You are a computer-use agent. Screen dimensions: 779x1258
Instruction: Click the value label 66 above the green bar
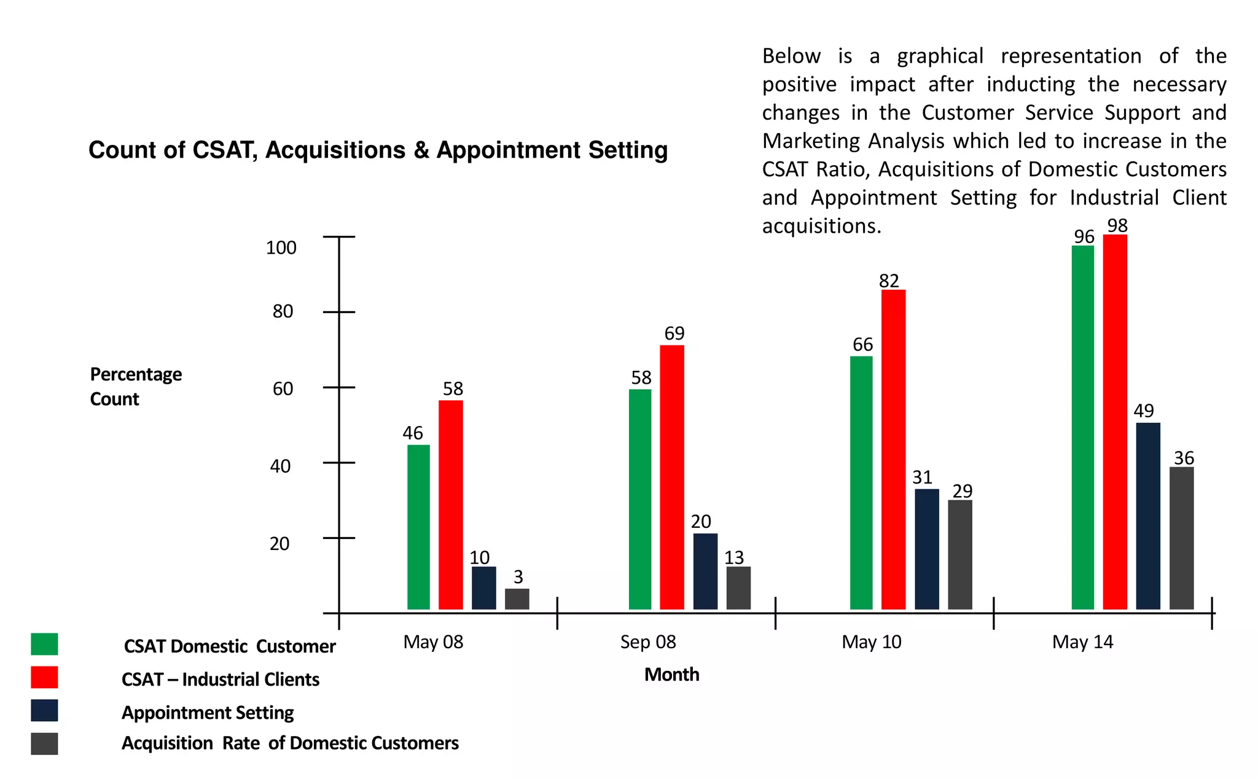pyautogui.click(x=862, y=345)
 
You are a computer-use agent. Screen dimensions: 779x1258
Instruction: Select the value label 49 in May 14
pyautogui.click(x=1143, y=411)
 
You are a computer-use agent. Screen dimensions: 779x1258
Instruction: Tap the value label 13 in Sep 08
pyautogui.click(x=734, y=558)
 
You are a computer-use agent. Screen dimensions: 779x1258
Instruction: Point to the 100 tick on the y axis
pyautogui.click(x=281, y=248)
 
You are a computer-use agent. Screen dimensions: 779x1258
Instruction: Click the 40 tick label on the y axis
pyautogui.click(x=280, y=467)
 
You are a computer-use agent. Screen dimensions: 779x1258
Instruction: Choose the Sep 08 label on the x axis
pyautogui.click(x=648, y=642)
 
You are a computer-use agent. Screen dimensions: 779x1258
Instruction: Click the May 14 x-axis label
pyautogui.click(x=1082, y=642)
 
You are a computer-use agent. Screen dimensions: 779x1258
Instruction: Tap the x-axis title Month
pyautogui.click(x=671, y=675)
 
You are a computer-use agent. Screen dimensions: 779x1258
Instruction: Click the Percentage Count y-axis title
pyautogui.click(x=136, y=387)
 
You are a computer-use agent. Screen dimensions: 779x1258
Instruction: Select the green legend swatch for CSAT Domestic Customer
pyautogui.click(x=44, y=645)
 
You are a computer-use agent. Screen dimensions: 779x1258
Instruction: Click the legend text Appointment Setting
pyautogui.click(x=208, y=713)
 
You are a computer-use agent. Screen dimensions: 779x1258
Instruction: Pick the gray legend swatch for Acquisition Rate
pyautogui.click(x=44, y=743)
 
